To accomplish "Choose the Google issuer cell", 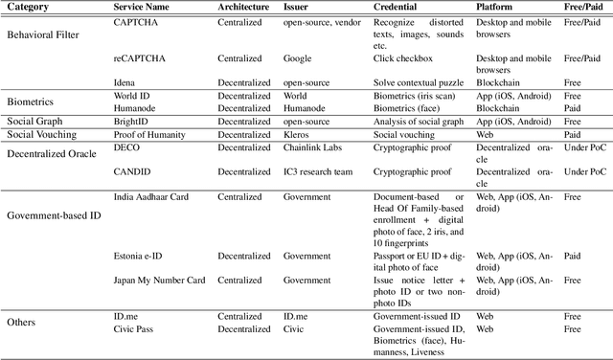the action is coord(299,58).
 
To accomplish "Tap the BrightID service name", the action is coord(132,123).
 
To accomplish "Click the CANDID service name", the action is coord(131,172).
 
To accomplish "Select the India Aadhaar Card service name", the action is coord(152,196).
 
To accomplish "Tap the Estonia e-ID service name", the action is coord(142,256).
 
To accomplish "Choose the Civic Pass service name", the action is coord(135,328).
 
